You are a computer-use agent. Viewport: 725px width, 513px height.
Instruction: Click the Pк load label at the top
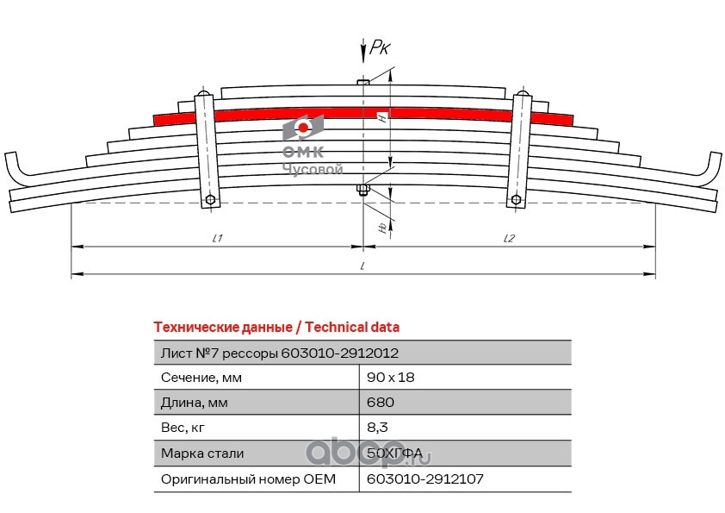point(380,49)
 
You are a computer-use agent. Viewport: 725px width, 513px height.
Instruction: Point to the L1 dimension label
point(218,238)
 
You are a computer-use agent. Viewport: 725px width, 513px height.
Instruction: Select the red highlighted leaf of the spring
point(362,113)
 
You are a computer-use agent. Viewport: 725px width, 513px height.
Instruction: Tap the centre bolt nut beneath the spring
point(363,190)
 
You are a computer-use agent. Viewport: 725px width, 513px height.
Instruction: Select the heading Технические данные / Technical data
point(276,328)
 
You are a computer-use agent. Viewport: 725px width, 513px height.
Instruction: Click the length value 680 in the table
point(380,403)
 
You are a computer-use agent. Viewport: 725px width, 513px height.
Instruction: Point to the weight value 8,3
point(377,428)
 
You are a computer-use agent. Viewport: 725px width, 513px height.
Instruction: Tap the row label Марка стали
point(202,454)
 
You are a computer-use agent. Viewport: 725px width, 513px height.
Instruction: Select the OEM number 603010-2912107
point(419,479)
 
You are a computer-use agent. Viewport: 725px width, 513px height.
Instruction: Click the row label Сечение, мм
point(201,378)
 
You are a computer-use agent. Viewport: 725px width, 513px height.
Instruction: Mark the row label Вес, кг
point(183,428)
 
